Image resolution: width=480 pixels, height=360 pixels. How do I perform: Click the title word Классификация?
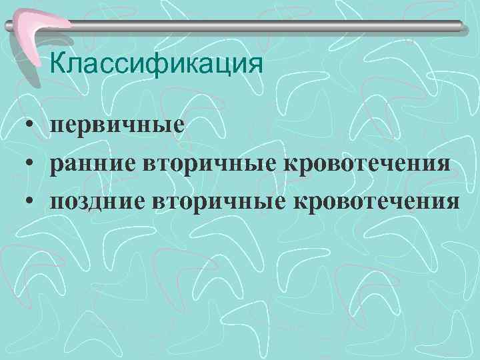pyautogui.click(x=156, y=65)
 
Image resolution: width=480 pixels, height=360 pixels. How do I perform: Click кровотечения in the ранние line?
pyautogui.click(x=365, y=163)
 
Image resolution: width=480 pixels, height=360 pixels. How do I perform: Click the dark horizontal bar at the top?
pyautogui.click(x=267, y=25)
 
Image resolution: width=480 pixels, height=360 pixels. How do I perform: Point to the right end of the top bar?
pyautogui.click(x=459, y=25)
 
